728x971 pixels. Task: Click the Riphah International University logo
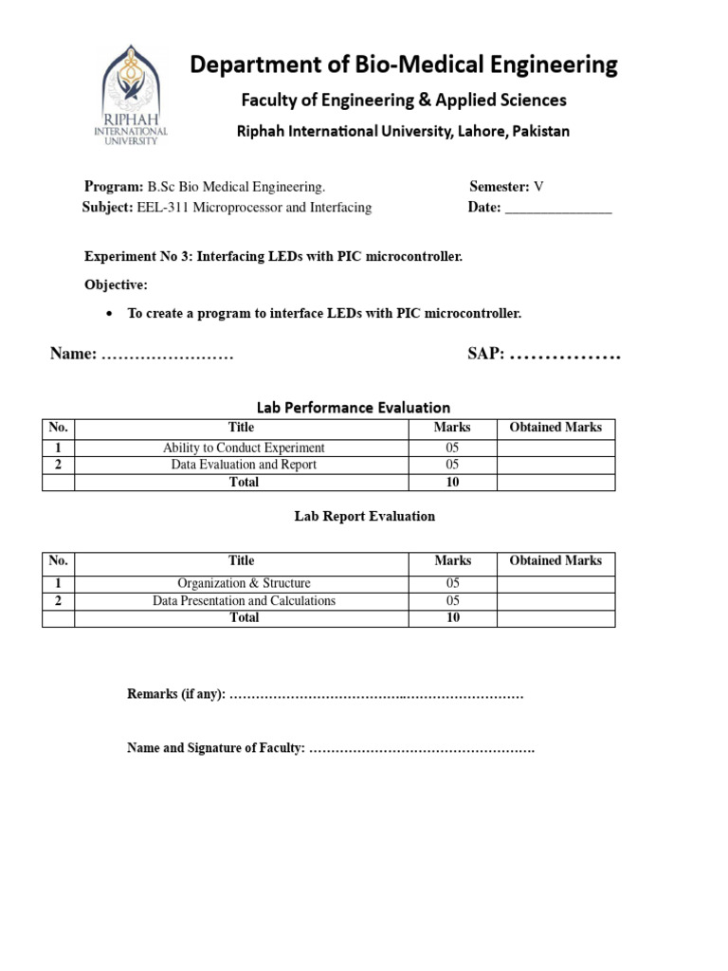[134, 97]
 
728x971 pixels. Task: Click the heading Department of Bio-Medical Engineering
[404, 64]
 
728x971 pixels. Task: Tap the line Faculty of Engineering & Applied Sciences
[403, 100]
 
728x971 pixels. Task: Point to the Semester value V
[538, 187]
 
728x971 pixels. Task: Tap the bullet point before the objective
[110, 313]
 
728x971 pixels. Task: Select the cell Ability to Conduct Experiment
[244, 448]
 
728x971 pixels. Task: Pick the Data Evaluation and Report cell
[244, 465]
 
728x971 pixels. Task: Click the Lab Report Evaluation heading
[365, 517]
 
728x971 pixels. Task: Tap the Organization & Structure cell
[244, 583]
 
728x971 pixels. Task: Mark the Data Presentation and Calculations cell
[244, 600]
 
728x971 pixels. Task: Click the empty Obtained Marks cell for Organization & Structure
[555, 583]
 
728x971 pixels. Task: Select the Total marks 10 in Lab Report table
[452, 617]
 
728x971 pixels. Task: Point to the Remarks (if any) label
[176, 695]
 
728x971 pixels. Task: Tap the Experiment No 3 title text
[273, 257]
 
